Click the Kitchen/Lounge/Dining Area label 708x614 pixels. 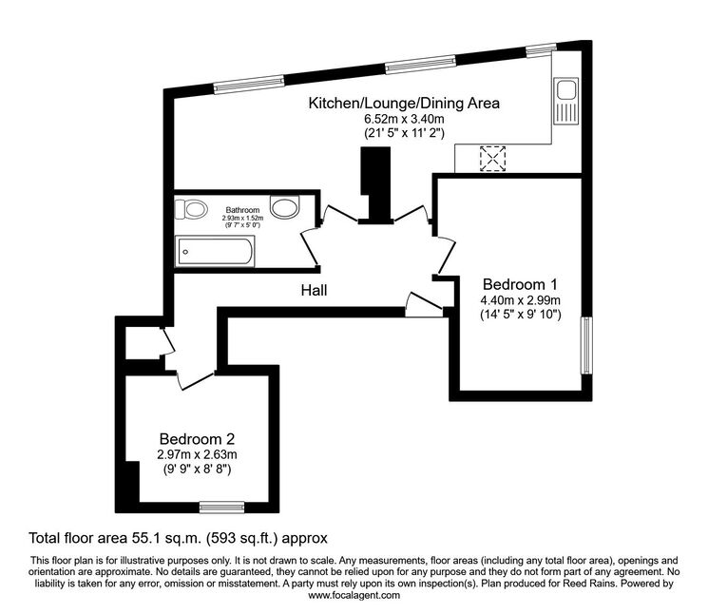[404, 104]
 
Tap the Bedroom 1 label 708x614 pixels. [520, 284]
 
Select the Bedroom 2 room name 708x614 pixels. [197, 439]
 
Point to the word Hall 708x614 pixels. [315, 290]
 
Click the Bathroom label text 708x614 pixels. [242, 210]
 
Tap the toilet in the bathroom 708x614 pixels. [191, 209]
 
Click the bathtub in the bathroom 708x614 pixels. [215, 251]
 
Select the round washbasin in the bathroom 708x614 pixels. [284, 207]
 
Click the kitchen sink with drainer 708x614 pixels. [566, 100]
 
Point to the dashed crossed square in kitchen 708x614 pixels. [492, 159]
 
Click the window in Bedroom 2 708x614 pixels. [222, 508]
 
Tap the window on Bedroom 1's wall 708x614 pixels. [586, 345]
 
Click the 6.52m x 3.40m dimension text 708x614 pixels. [404, 119]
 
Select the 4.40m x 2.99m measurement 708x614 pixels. [520, 299]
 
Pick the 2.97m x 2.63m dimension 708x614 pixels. [197, 454]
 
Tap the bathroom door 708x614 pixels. [311, 247]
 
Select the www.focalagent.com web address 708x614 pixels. [354, 595]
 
